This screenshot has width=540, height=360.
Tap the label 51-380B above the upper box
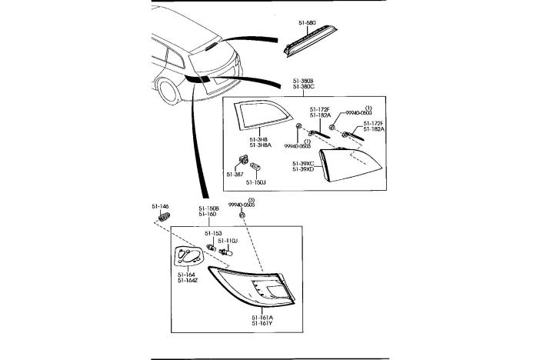click(x=302, y=80)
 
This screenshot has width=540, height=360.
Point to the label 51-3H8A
click(x=259, y=145)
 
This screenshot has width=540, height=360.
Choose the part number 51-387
click(x=235, y=175)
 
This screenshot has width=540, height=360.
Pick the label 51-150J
click(x=256, y=182)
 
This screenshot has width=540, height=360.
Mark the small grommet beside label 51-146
click(x=163, y=218)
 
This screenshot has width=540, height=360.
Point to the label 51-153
click(x=213, y=233)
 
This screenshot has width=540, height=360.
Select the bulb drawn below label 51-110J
click(x=226, y=252)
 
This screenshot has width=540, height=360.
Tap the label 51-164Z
click(x=188, y=280)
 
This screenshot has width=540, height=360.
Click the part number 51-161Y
click(x=262, y=324)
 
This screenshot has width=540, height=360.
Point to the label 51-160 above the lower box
click(x=208, y=215)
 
